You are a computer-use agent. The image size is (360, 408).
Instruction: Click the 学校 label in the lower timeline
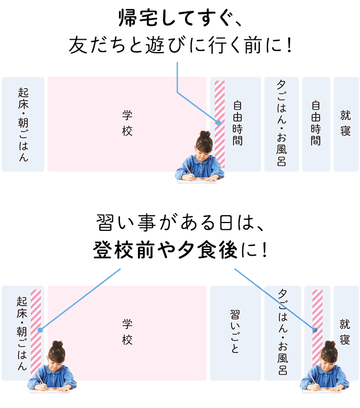[127, 333]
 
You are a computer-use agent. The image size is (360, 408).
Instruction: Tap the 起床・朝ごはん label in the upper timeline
[23, 124]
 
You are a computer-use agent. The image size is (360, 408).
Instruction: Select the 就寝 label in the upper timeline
[345, 123]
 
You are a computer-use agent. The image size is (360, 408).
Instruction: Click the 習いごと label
[235, 331]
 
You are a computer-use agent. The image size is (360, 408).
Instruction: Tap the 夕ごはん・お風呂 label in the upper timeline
[281, 124]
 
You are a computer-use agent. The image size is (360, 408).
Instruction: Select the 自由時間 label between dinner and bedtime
[316, 123]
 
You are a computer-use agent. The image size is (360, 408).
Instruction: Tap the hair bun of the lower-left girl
[56, 344]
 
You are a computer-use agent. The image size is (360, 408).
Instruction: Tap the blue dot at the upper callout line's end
[218, 123]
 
